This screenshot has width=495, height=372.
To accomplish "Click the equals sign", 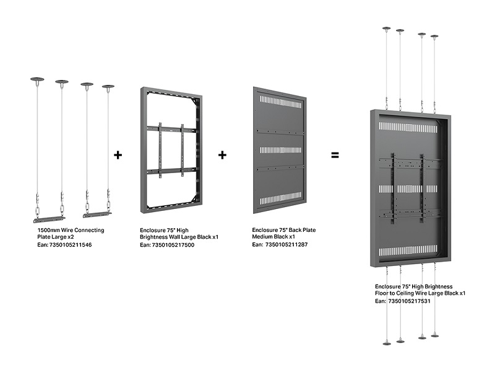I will pos(335,155).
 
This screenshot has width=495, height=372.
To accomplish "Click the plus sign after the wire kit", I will pos(118,155).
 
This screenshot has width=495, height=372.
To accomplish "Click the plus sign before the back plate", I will pos(222,155).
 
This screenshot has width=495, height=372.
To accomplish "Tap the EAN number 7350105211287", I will pos(286,245).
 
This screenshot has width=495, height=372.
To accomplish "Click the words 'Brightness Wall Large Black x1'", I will pos(179,237).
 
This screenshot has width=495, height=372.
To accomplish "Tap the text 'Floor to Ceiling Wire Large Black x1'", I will pos(420,293).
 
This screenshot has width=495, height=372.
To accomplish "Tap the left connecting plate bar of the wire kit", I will pos(49,218).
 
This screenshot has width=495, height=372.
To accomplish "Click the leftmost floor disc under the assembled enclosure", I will pos(387,342).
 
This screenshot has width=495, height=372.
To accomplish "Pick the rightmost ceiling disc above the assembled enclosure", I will pos(434,37).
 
